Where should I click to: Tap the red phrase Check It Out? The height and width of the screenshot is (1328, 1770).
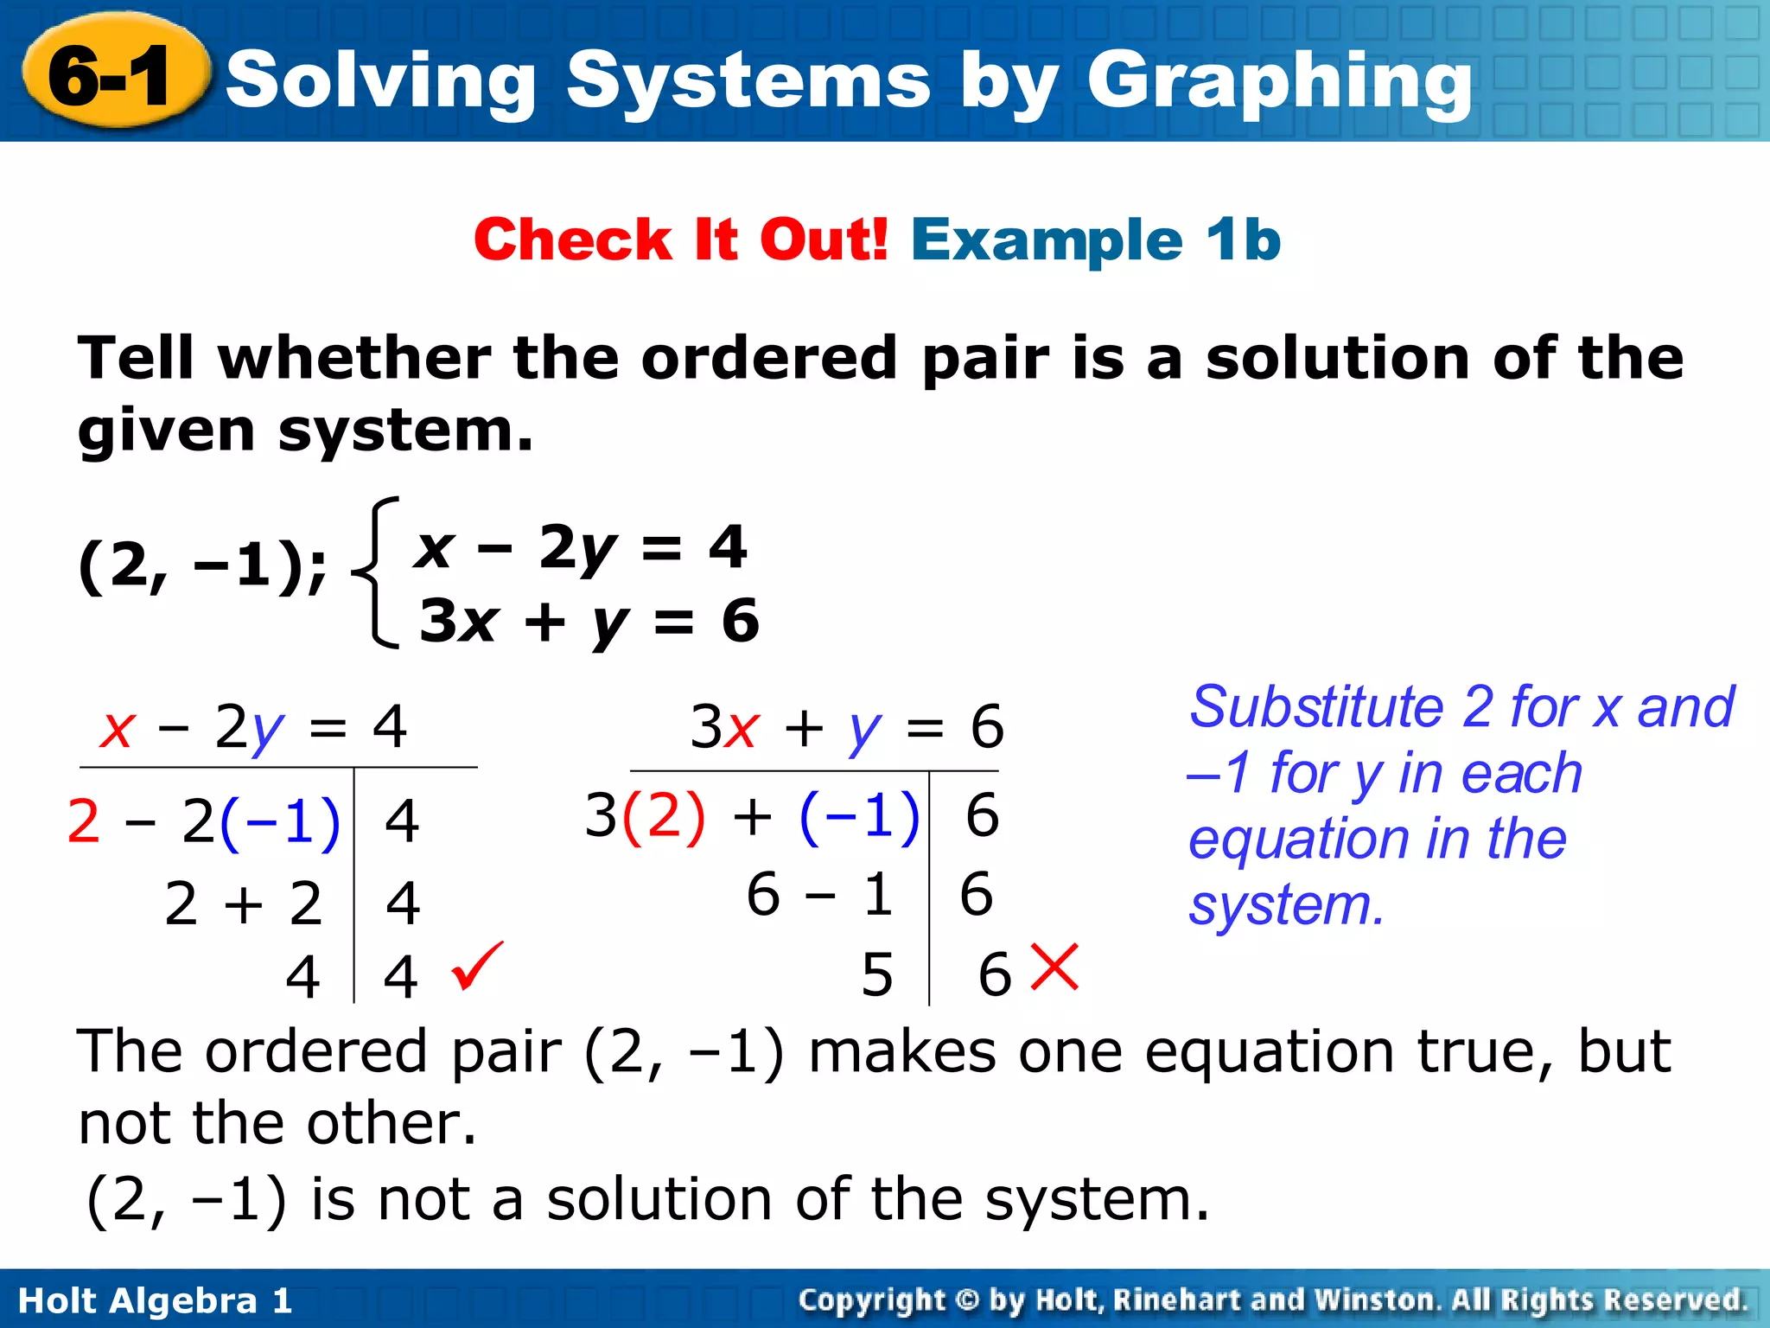(681, 239)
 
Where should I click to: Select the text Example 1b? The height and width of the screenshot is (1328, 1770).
(1096, 239)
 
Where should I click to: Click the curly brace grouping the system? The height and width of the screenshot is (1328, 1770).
(378, 572)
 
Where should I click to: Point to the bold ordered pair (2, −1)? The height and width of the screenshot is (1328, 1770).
(202, 566)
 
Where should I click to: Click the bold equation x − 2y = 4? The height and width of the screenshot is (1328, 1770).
(581, 547)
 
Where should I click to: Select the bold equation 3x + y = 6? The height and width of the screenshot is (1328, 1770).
(589, 621)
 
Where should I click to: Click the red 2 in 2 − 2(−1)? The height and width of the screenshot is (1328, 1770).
(83, 820)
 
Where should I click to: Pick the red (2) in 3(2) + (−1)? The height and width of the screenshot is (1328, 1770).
(664, 815)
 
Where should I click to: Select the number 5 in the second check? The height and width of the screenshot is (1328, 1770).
(876, 975)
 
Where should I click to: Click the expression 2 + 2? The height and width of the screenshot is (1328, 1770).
(244, 903)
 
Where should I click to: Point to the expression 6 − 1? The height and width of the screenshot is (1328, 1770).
(819, 894)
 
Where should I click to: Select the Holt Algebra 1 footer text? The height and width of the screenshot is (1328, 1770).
(156, 1300)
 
